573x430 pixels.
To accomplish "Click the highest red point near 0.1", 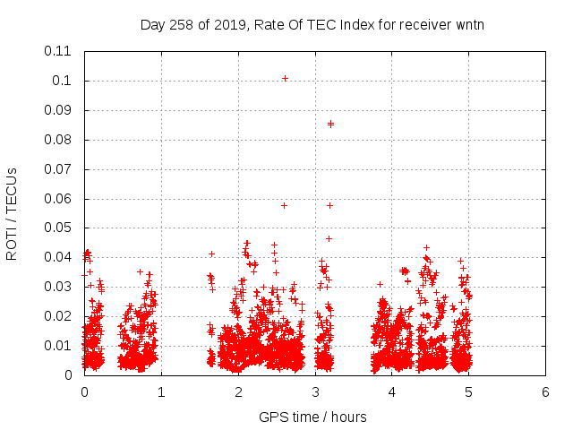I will (285, 78).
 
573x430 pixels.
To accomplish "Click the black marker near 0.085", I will (330, 124).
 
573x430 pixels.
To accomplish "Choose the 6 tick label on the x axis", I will (545, 391).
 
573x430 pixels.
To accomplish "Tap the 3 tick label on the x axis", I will (315, 391).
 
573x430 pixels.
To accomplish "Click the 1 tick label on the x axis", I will (161, 391).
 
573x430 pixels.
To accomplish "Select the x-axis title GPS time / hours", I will (312, 417).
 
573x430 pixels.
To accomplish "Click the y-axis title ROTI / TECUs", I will (13, 213).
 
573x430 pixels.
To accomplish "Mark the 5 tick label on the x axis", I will (468, 391).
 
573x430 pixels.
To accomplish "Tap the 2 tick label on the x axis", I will (238, 391).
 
